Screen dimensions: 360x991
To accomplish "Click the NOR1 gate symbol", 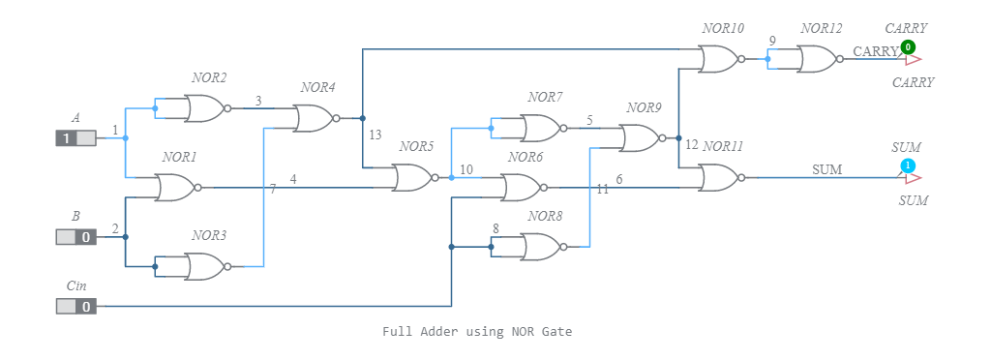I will pos(176,188).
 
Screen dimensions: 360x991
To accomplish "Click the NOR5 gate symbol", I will pos(413,177).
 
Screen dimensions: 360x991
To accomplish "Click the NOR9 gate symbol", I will pos(640,138).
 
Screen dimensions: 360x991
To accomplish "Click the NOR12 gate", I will pos(818,59).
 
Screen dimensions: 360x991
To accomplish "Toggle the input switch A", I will pos(75,138).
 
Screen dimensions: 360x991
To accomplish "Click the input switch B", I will pos(75,236).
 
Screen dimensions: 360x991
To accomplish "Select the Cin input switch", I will pos(75,307).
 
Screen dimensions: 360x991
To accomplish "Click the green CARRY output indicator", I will pos(908,46).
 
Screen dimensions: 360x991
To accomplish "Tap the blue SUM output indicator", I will pos(908,166).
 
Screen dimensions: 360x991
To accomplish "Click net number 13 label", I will pos(375,135).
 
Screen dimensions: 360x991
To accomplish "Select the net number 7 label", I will pos(273,189).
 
